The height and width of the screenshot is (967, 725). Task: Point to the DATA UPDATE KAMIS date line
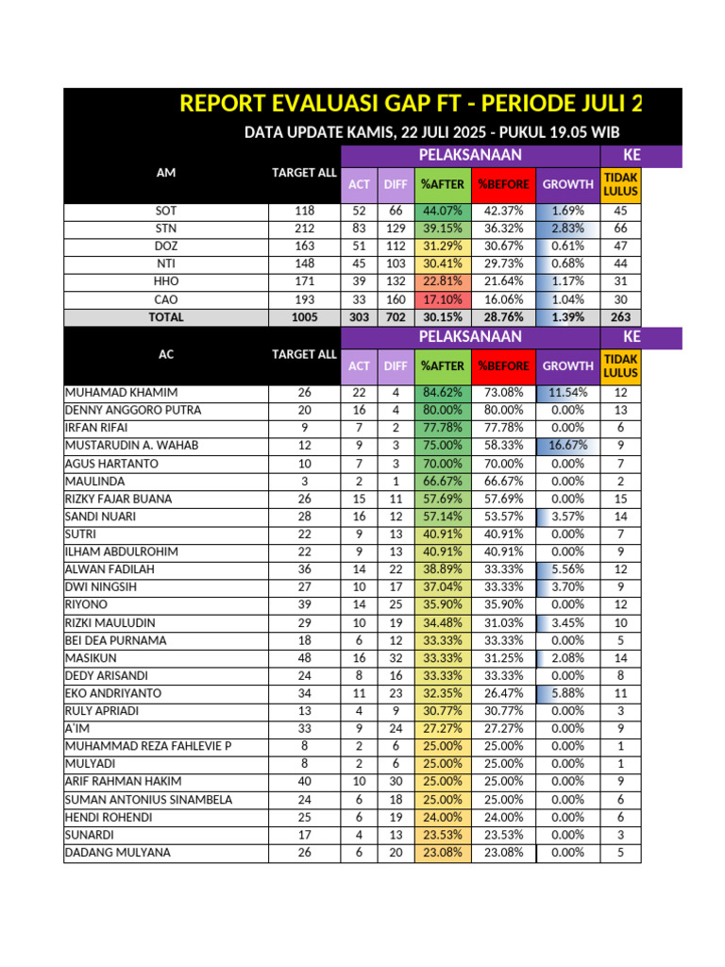coord(431,132)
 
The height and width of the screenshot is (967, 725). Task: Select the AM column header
coord(166,173)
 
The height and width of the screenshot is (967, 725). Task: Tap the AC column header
coord(166,354)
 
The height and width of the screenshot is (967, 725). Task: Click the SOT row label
coord(166,212)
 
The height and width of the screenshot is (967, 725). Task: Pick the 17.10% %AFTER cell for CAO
coord(443,299)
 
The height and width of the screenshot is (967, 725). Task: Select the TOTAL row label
coord(166,317)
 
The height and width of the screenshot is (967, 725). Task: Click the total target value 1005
coord(304,317)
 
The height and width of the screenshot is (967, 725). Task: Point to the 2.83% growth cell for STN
coord(567,229)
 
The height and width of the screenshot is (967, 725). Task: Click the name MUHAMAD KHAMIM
coord(121,393)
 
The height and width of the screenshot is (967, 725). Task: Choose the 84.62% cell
coord(443,393)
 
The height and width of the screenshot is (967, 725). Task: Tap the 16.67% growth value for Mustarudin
coord(567,446)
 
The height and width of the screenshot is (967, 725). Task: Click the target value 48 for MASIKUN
coord(304,658)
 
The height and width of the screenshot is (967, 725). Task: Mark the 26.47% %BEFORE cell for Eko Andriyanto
coord(503,693)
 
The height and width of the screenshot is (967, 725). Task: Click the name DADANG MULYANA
coord(118,853)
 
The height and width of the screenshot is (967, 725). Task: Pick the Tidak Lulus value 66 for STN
coord(620,229)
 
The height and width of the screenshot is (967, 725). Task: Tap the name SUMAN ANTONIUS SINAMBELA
coord(148,800)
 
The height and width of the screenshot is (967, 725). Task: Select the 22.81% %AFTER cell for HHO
coord(443,281)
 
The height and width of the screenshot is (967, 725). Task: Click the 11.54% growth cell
coord(567,393)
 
